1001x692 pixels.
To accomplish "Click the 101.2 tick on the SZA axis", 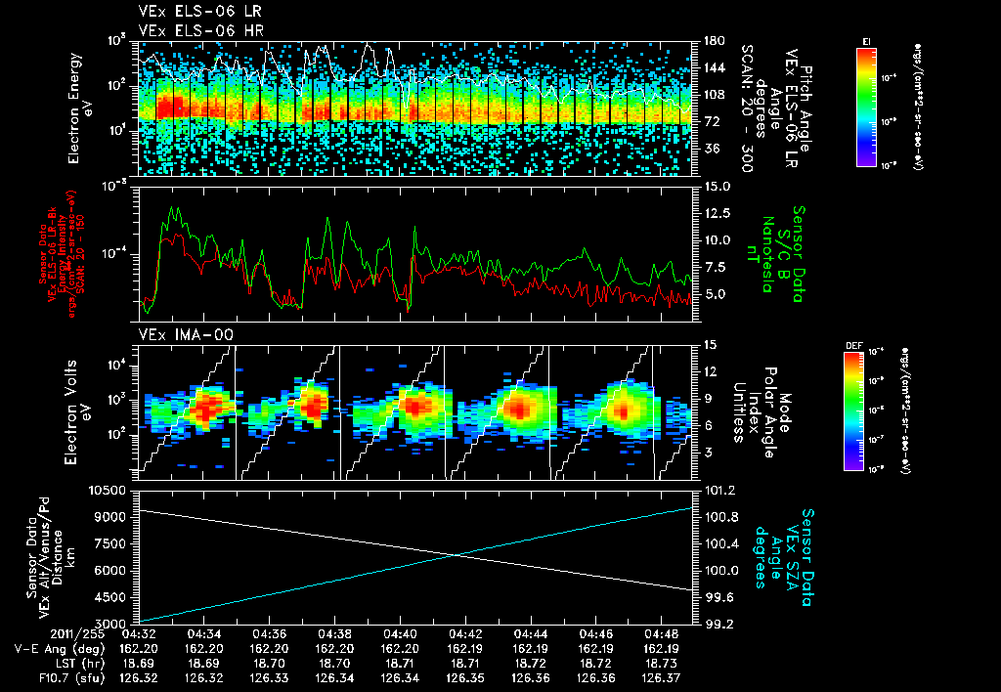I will [x=719, y=489].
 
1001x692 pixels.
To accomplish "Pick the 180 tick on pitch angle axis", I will [x=713, y=41].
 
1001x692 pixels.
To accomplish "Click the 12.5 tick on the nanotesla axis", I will [x=718, y=212].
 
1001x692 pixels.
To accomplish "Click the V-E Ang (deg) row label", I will [x=53, y=648].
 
